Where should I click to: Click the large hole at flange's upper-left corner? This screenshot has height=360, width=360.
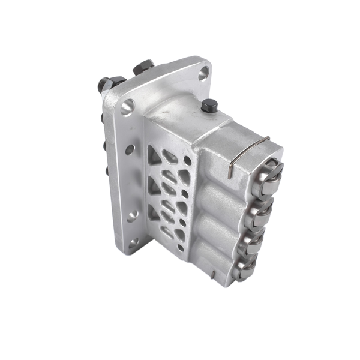127,109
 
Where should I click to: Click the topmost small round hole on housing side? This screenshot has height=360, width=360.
188,161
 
